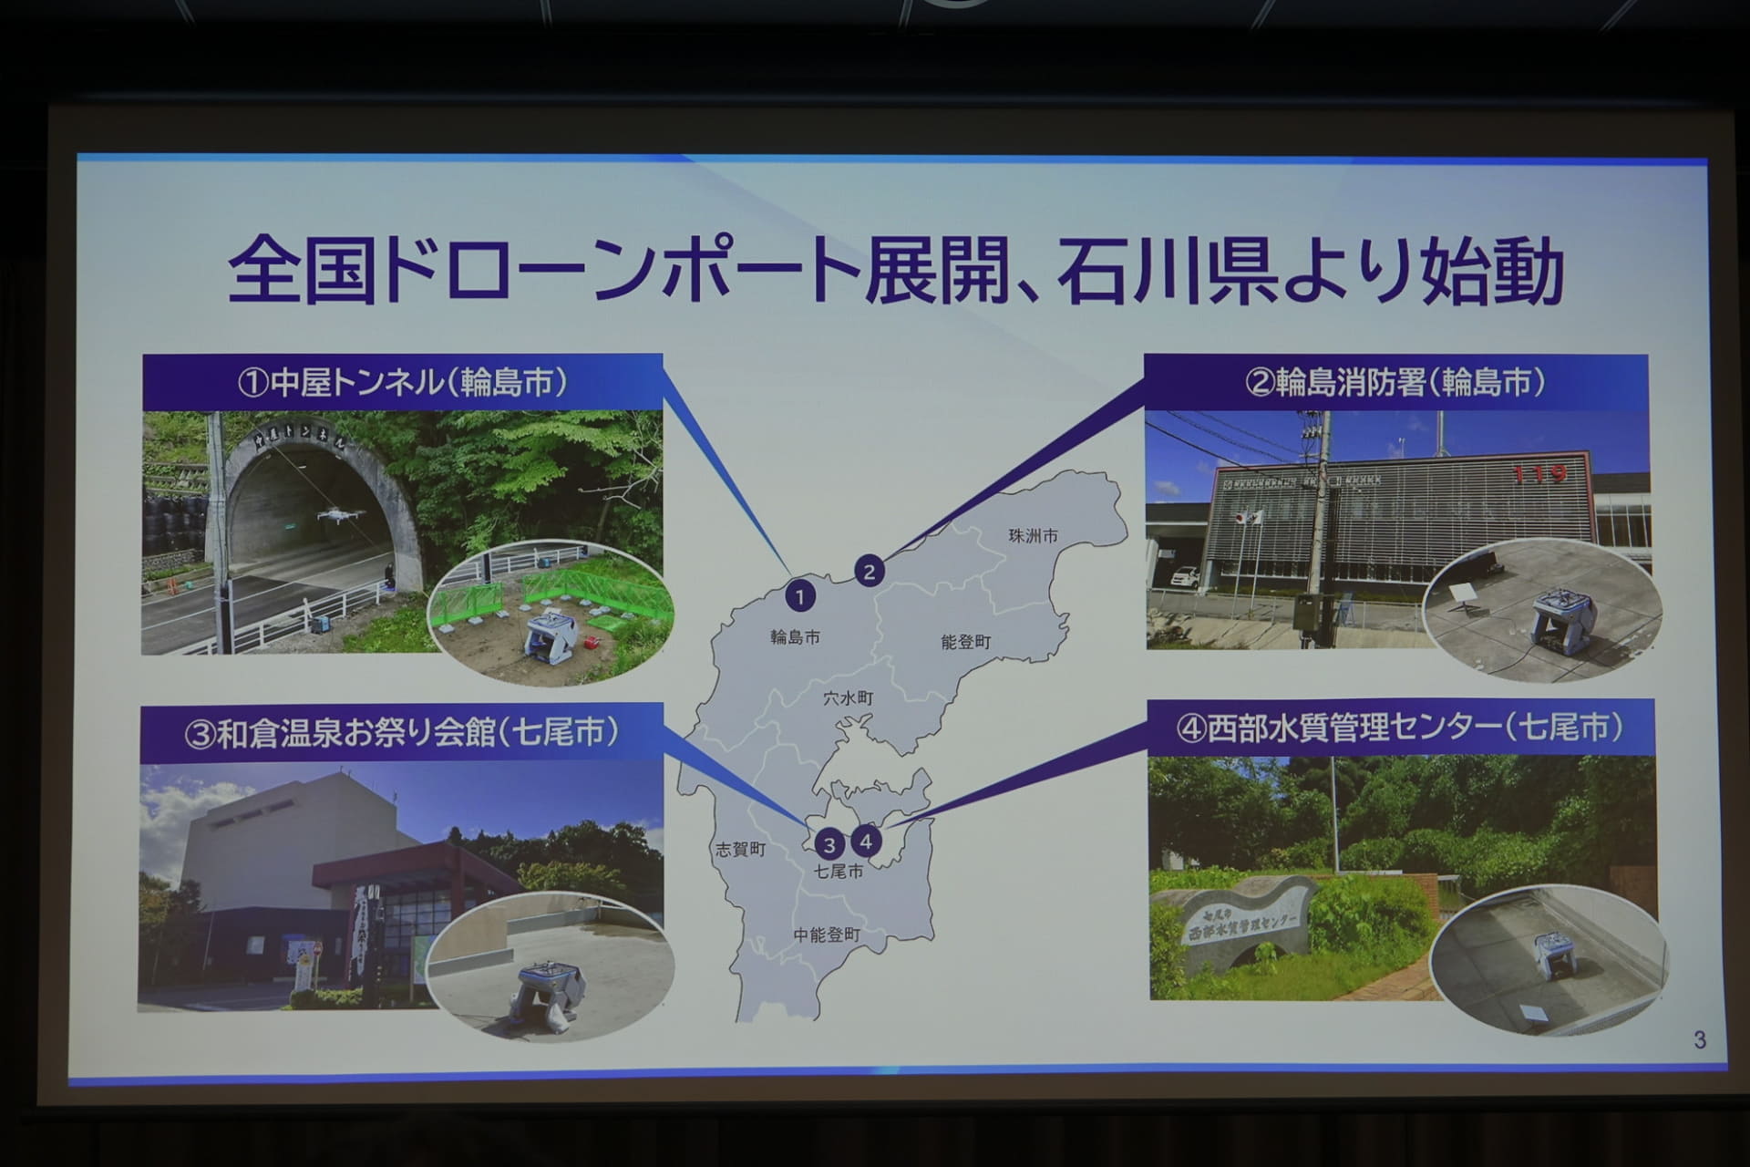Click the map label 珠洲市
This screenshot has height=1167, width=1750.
click(x=1033, y=536)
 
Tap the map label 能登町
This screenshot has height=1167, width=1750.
click(x=965, y=643)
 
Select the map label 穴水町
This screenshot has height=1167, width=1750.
click(x=848, y=698)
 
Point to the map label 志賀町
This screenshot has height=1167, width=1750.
click(x=740, y=850)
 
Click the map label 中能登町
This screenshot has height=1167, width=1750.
click(x=827, y=935)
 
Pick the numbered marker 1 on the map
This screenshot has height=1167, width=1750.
click(x=799, y=597)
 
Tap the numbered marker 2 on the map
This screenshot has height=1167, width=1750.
click(x=869, y=572)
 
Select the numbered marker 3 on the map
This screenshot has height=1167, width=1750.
click(x=829, y=845)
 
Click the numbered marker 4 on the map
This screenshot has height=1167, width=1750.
click(x=866, y=842)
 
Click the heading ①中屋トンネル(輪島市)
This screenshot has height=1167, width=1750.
click(x=402, y=382)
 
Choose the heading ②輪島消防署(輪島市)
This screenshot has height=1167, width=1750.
click(x=1395, y=382)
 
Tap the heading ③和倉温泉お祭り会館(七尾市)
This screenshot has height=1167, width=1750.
click(x=401, y=732)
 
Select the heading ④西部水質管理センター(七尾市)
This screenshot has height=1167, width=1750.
click(x=1400, y=728)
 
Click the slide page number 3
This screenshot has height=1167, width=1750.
click(x=1699, y=1039)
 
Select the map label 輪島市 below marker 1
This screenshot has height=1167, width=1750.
click(x=795, y=637)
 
